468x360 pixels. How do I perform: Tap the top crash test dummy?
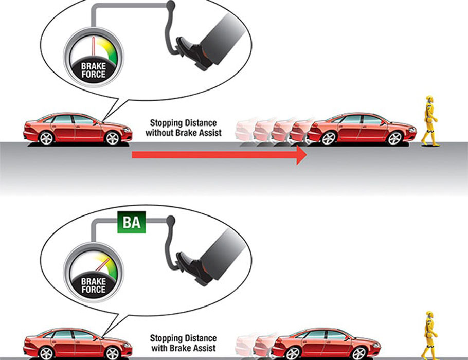(430, 121)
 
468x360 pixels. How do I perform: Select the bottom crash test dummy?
(429, 334)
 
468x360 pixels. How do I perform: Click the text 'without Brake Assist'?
(184, 133)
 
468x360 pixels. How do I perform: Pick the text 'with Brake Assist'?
(184, 348)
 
